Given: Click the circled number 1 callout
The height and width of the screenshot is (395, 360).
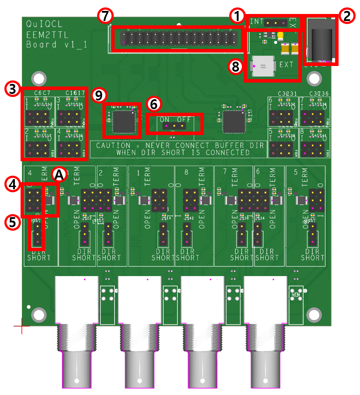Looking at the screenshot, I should click(x=237, y=17).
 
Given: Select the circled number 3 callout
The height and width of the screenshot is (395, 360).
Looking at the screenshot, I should click(x=12, y=89).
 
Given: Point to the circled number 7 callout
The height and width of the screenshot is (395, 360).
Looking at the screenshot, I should click(x=105, y=16).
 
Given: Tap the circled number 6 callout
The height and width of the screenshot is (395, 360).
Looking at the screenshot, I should click(x=154, y=104).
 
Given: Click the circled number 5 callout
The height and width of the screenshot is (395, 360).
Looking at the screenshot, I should click(x=12, y=222).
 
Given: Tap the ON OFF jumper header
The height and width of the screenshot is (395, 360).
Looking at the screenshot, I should click(x=175, y=126).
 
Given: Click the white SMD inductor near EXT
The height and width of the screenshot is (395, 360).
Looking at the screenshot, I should click(x=262, y=66).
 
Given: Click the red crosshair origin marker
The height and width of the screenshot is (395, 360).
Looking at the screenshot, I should click(x=21, y=326).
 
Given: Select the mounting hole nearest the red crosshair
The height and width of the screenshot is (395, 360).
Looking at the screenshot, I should click(x=39, y=313).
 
